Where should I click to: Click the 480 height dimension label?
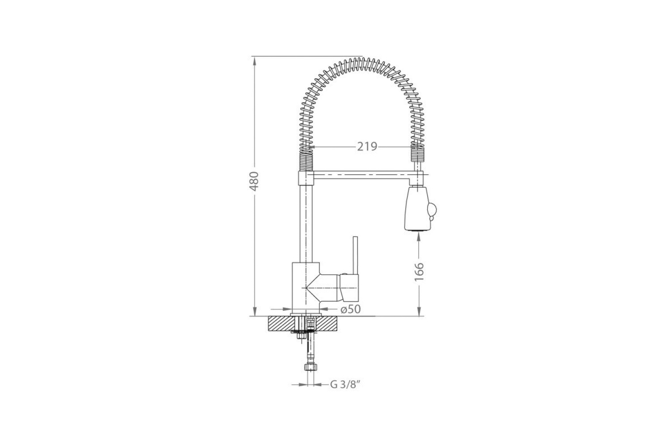(x=255, y=181)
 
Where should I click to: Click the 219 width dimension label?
(x=367, y=147)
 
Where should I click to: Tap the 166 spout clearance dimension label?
(x=419, y=272)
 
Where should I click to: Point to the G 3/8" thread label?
(x=344, y=384)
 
